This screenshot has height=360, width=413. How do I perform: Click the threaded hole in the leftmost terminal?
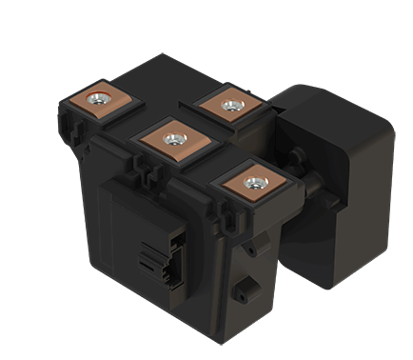(x=97, y=98)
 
